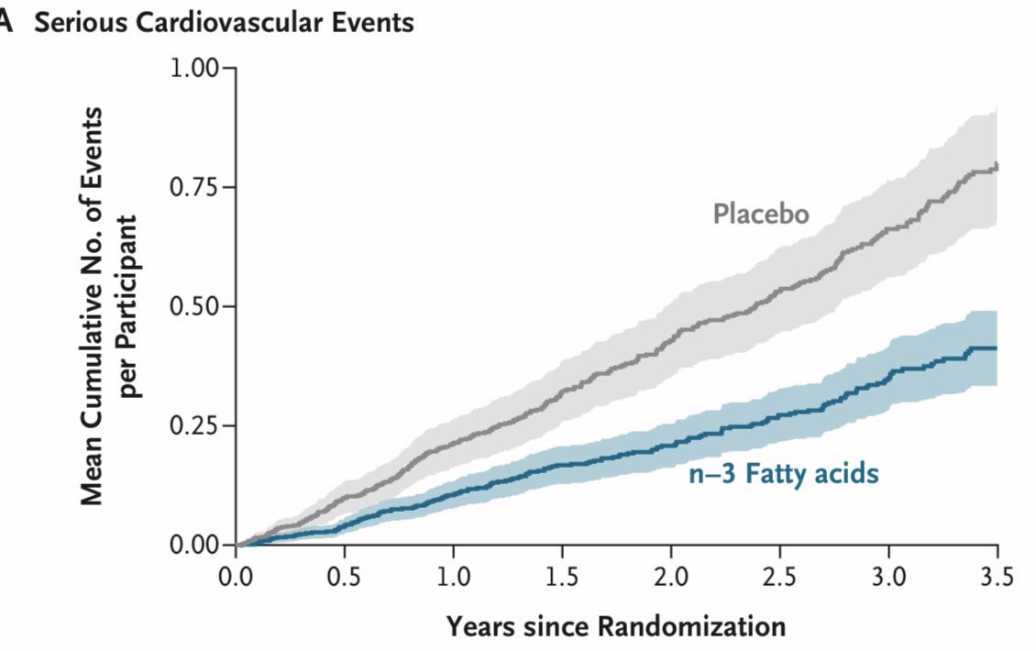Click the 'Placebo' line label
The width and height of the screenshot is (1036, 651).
[761, 215]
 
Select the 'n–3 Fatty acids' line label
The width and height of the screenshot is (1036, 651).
[783, 475]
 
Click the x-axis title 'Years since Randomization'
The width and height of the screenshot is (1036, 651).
[616, 627]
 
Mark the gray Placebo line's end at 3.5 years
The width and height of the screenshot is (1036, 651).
[996, 166]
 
